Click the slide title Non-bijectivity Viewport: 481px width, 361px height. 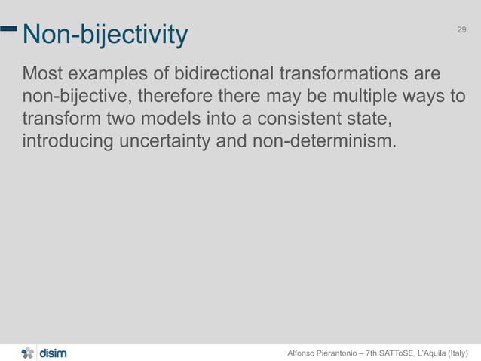(106, 34)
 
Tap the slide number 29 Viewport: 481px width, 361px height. (462, 29)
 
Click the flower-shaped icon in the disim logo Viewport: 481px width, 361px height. (28, 352)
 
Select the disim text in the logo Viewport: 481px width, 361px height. (53, 352)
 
